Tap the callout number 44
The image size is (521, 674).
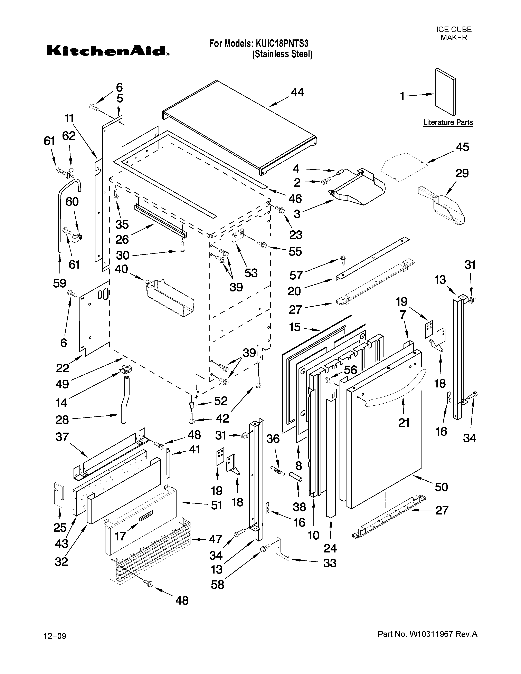(x=297, y=92)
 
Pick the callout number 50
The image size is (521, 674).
(x=441, y=487)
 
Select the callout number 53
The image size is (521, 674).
(x=251, y=273)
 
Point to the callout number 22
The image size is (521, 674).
(x=63, y=368)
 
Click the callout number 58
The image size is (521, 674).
(x=217, y=585)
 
